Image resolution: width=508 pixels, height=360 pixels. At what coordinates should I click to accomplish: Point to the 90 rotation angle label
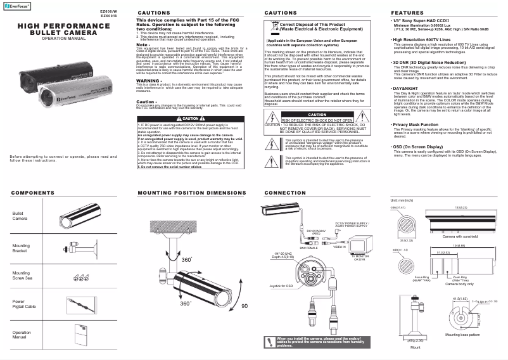[x=244, y=305]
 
